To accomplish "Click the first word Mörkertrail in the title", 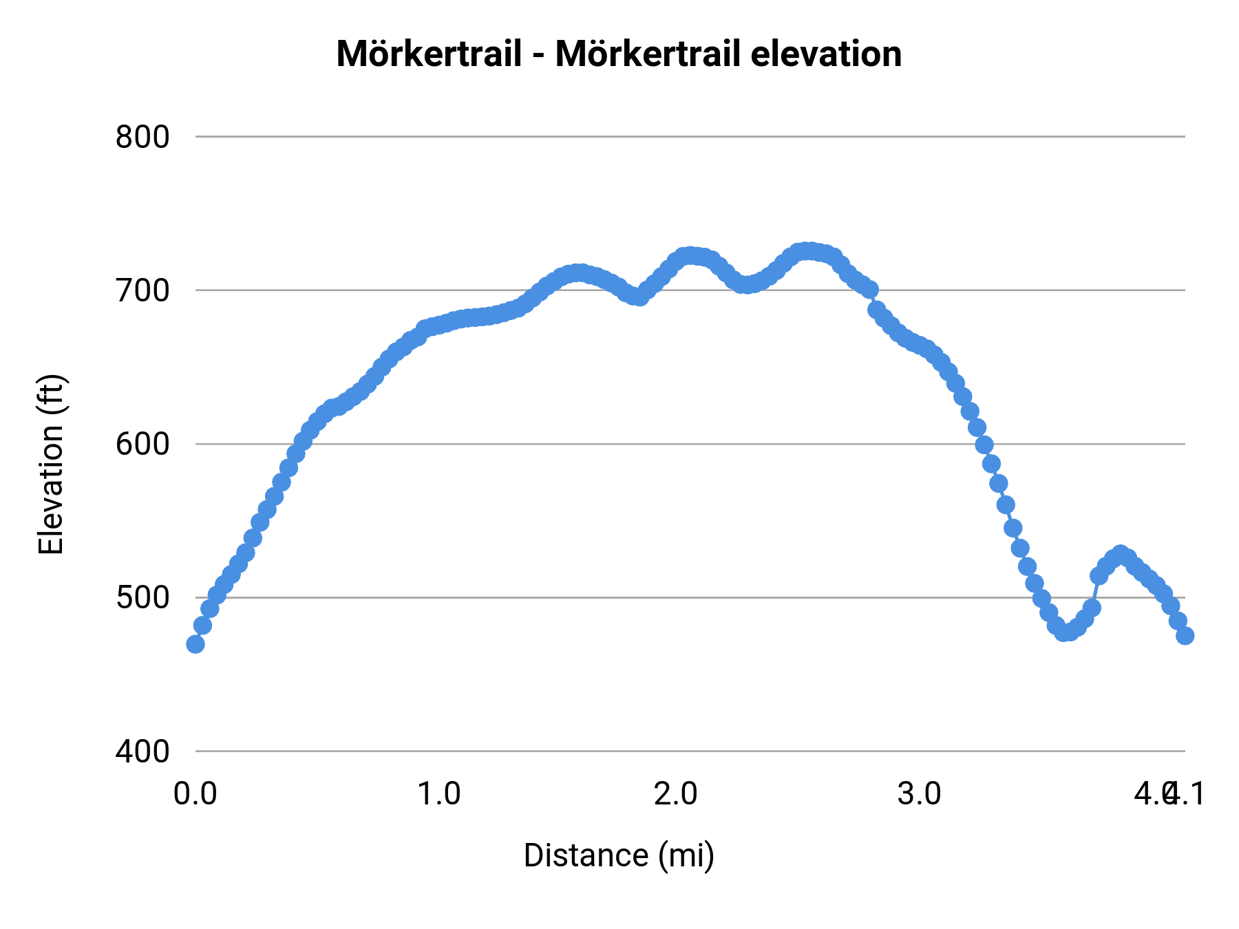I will (x=429, y=54).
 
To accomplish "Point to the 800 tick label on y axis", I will (x=142, y=137).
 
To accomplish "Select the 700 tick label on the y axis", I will (x=142, y=290).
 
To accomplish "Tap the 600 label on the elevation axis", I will (x=142, y=444).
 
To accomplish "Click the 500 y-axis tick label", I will (x=142, y=597).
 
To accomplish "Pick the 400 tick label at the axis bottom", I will (x=142, y=751).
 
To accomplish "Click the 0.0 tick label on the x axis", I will (x=195, y=794).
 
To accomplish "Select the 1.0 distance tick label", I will (x=439, y=794).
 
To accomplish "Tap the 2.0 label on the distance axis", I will (x=675, y=794).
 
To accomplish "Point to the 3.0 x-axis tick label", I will (x=919, y=794).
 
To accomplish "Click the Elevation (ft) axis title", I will (x=51, y=464).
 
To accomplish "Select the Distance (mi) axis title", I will (x=619, y=855).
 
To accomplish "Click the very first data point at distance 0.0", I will (x=195, y=644).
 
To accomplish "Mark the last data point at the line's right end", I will (x=1185, y=635).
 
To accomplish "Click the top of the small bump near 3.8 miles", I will (x=1121, y=555).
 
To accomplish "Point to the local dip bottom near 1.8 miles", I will (x=638, y=297).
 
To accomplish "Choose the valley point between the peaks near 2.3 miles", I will (x=745, y=284).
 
